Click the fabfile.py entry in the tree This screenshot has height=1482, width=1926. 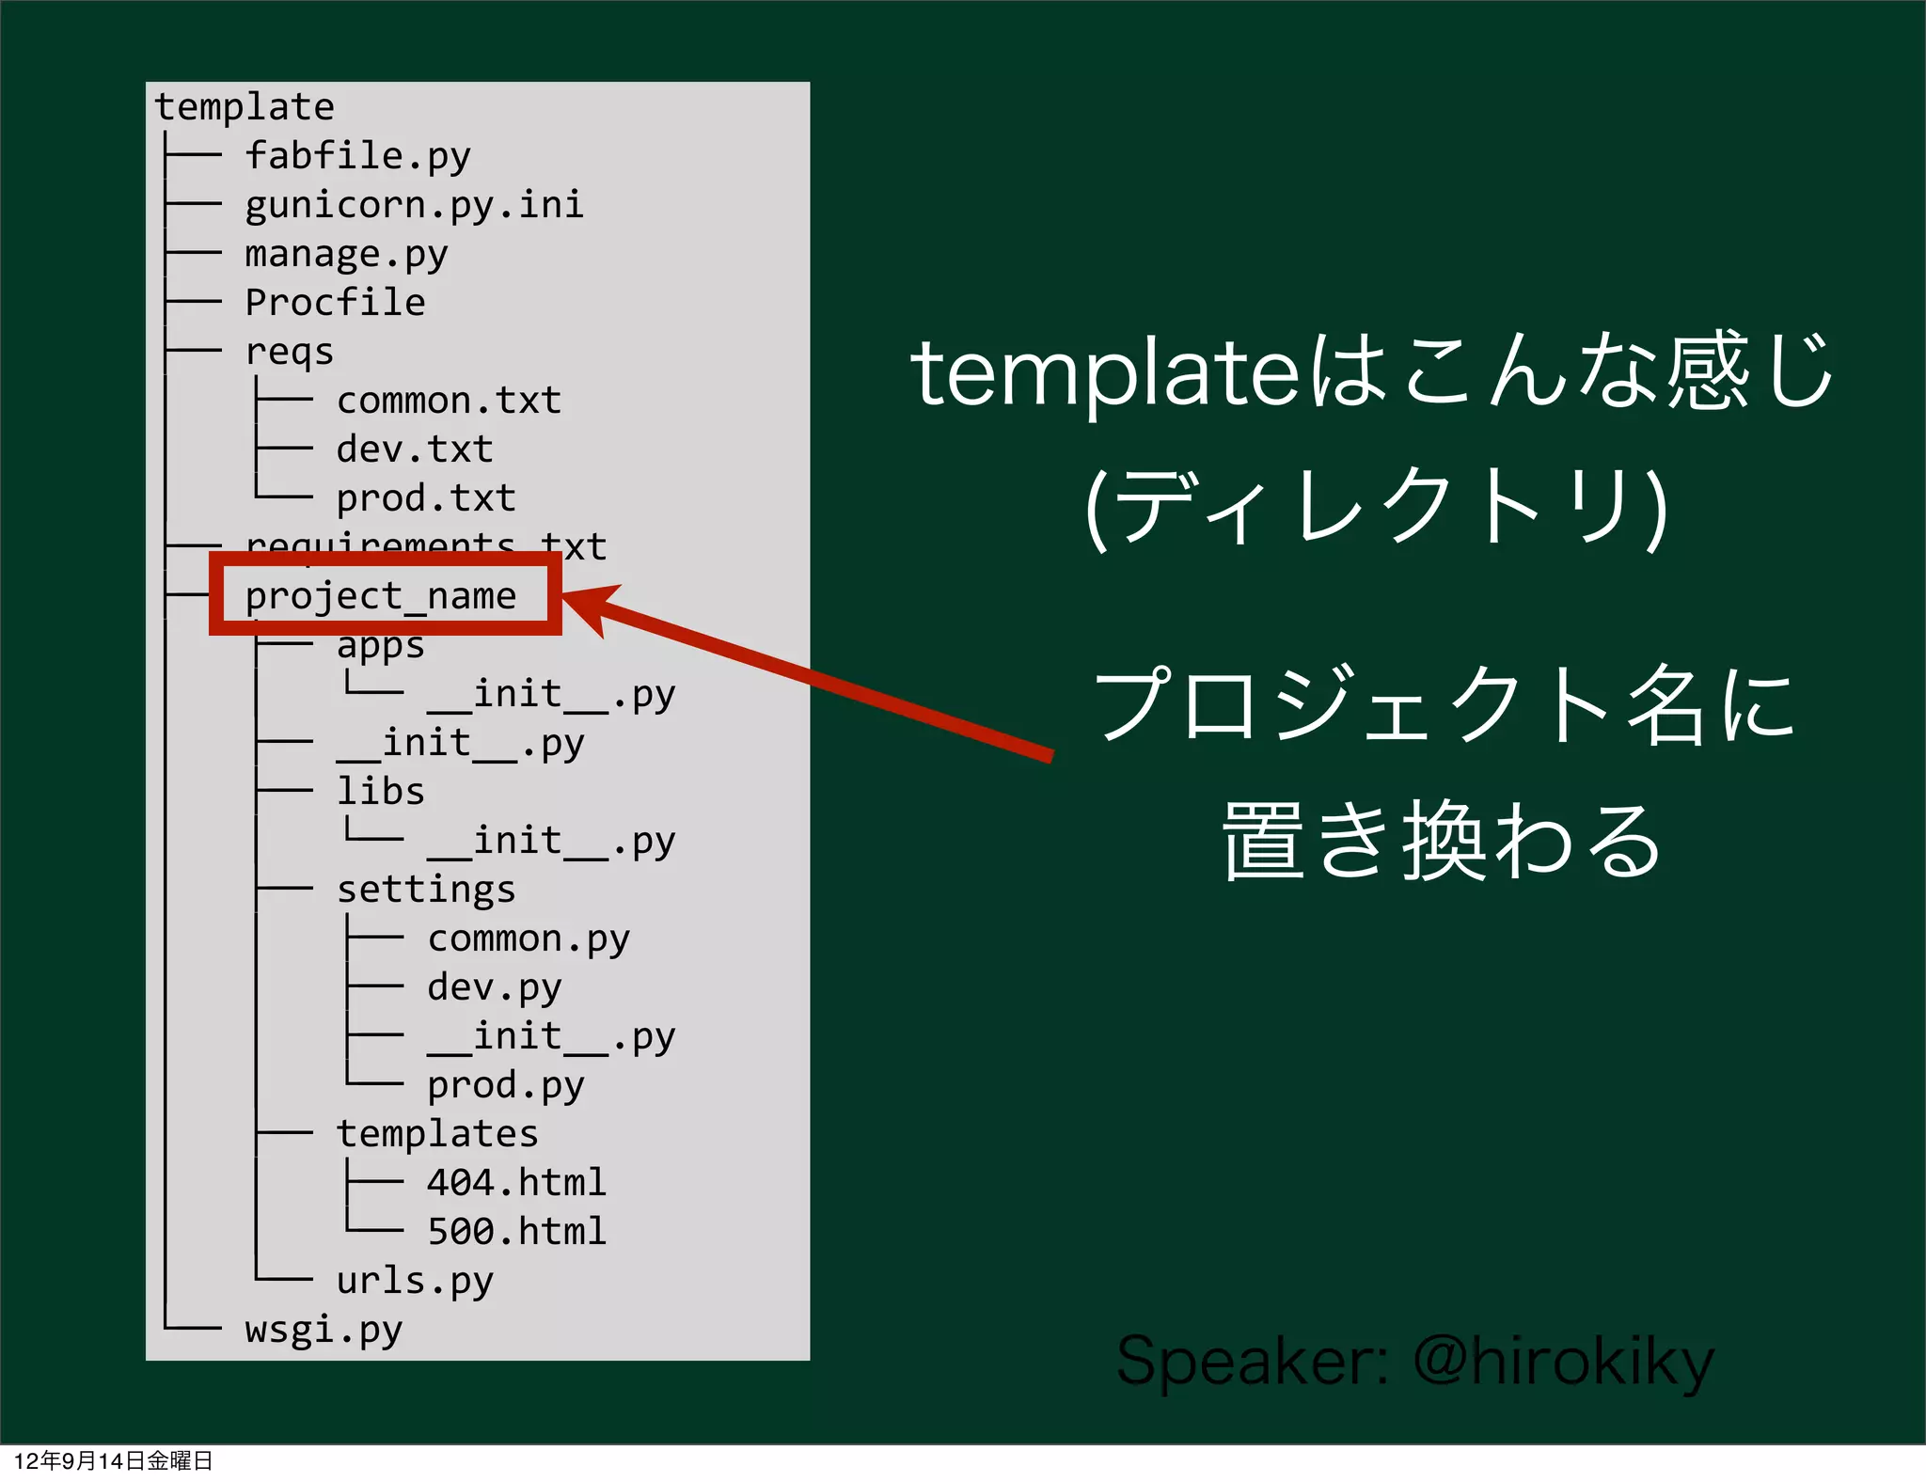coord(357,156)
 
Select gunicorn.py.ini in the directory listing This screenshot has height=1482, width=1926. coord(414,205)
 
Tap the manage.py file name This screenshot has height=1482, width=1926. coord(346,254)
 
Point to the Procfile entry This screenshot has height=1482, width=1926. coord(335,303)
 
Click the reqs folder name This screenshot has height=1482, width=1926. coord(289,352)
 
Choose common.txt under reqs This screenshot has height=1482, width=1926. coord(449,401)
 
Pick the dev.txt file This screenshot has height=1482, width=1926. coord(415,449)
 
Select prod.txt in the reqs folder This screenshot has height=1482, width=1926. coord(426,498)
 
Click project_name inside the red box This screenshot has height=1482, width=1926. coord(381,596)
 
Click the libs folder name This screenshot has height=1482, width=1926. coord(380,792)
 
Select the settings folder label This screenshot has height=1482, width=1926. coord(426,890)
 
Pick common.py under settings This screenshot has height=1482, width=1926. coord(529,938)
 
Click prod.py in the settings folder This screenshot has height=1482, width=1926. coord(506,1085)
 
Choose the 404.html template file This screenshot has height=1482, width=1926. coord(516,1183)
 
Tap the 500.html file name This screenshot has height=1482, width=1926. coord(516,1232)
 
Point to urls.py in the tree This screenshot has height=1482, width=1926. coord(415,1281)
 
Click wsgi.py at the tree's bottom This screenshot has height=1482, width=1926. coord(324,1330)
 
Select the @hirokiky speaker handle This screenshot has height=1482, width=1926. coord(1564,1362)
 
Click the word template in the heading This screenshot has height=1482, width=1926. coord(1106,374)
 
